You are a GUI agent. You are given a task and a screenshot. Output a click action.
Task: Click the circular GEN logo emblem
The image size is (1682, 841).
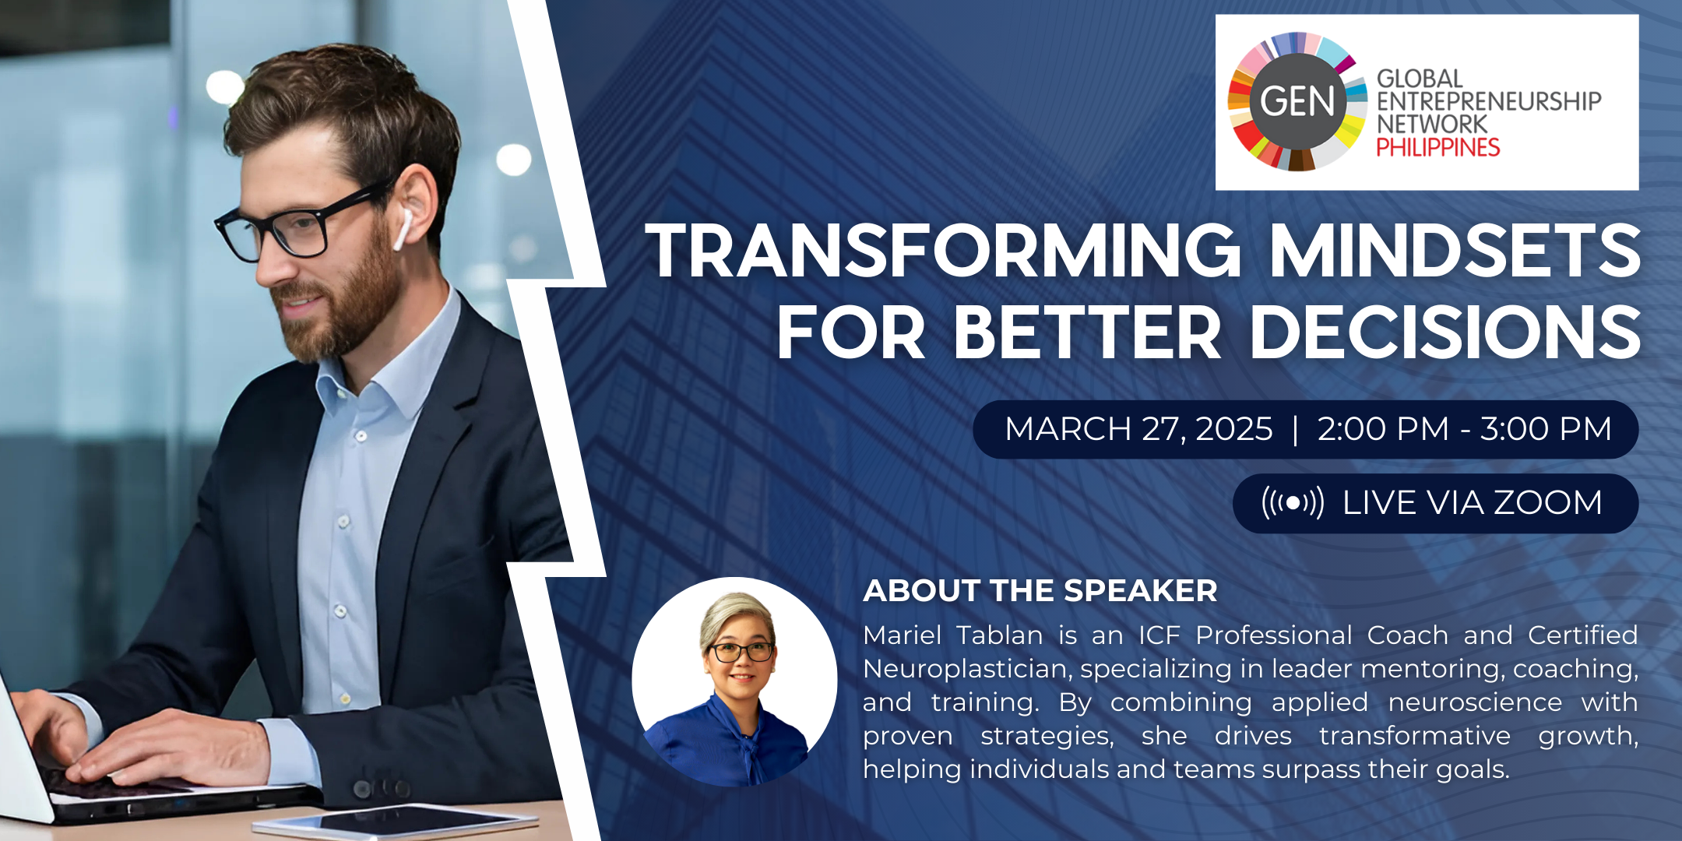click(1297, 101)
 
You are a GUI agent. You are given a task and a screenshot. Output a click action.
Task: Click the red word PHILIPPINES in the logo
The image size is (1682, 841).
click(1437, 147)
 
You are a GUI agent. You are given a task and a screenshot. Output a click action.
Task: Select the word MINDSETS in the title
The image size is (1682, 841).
click(1455, 251)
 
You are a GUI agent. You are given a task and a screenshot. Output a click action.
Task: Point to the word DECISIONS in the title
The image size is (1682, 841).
click(1446, 333)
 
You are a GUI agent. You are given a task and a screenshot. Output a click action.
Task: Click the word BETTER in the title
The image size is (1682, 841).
click(1088, 333)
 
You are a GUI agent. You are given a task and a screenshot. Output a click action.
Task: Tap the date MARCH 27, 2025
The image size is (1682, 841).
click(1138, 429)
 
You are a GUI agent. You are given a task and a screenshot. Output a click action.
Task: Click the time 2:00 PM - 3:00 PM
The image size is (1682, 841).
click(1464, 429)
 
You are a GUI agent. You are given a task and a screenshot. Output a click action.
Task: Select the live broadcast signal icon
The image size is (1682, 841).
click(1293, 503)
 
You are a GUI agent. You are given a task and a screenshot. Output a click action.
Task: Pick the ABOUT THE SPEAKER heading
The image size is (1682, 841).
click(1040, 591)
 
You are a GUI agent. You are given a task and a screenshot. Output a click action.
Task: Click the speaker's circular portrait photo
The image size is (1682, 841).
click(734, 681)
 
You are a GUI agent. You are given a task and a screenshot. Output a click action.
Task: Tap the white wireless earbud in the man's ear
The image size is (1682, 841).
click(403, 228)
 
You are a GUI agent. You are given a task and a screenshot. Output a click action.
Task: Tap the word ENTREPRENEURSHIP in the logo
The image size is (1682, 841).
click(1489, 101)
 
